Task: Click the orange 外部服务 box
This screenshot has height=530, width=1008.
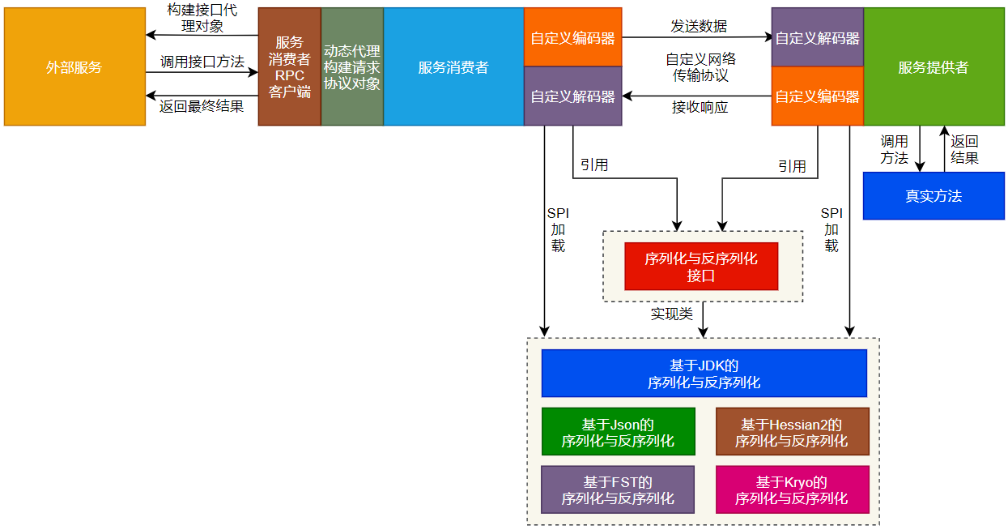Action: coord(74,67)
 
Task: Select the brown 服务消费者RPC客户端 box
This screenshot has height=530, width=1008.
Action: coord(289,67)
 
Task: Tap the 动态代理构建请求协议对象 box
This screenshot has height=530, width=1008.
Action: coord(352,67)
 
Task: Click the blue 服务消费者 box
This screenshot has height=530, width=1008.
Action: coord(453,67)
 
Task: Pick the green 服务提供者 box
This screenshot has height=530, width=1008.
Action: coord(934,67)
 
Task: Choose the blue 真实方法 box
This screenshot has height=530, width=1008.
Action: coord(934,196)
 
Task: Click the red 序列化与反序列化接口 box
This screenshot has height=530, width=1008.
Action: coord(701,267)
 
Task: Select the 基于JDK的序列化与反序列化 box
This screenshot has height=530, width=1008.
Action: coord(704,374)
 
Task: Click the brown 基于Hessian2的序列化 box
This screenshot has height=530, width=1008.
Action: coord(792,433)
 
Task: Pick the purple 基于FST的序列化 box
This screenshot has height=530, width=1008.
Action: coord(618,489)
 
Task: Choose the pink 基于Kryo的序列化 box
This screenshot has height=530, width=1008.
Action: coord(792,489)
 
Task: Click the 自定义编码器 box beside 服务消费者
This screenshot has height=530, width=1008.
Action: coord(572,37)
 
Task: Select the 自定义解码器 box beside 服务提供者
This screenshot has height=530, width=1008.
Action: coord(817,37)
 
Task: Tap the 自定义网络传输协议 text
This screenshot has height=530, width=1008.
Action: coord(700,67)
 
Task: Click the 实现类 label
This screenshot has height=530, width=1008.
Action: coord(672,314)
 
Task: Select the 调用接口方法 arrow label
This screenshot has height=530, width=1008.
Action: coord(202,61)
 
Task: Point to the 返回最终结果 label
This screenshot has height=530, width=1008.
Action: coord(202,105)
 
